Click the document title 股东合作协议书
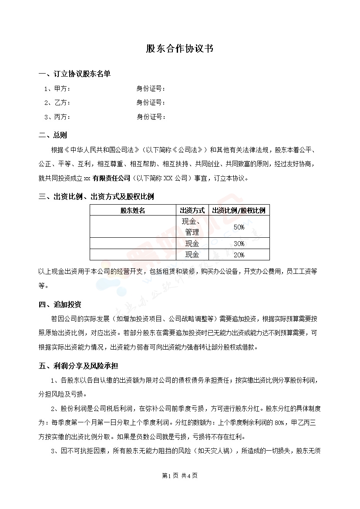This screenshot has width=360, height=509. click(180, 49)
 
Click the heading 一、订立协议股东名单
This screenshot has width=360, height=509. click(74, 74)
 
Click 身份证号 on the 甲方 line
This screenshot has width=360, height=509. click(151, 89)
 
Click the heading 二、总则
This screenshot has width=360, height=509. click(53, 135)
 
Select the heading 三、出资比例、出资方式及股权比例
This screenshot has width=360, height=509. click(96, 196)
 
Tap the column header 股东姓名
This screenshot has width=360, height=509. click(133, 210)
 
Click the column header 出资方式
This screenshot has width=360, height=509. click(192, 210)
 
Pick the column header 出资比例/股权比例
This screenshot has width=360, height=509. click(239, 210)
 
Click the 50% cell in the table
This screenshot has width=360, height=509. click(239, 227)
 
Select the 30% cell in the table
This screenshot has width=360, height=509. click(239, 243)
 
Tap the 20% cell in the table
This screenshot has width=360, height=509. click(239, 255)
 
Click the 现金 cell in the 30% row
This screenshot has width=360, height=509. click(192, 243)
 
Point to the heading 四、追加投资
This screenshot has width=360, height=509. click(60, 304)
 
